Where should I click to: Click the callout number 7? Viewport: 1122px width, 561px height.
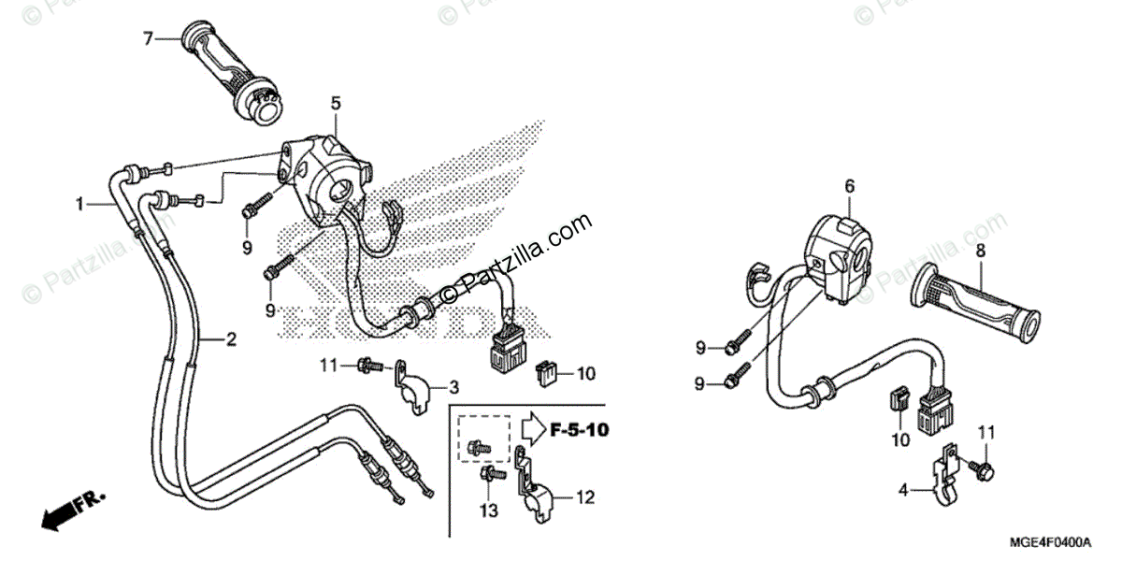[147, 39]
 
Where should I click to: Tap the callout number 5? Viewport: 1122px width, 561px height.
[336, 104]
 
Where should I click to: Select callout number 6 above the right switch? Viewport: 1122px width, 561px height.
[850, 187]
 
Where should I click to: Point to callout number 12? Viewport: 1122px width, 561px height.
[585, 498]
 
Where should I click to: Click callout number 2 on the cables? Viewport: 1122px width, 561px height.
[230, 338]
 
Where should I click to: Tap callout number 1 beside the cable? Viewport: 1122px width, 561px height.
[81, 202]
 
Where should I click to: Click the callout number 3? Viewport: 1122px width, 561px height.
[453, 386]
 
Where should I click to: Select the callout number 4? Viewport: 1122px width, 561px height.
[904, 489]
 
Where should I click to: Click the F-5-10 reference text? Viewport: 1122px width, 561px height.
[579, 431]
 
